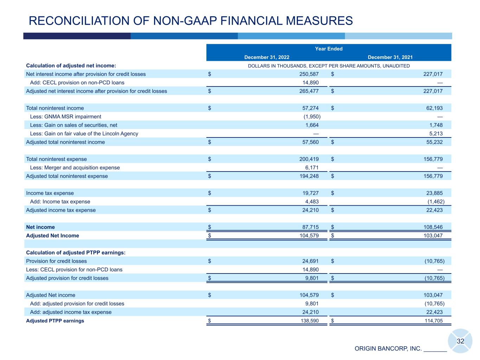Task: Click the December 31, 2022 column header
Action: click(267, 57)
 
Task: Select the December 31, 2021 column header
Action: click(390, 57)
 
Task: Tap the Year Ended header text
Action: click(328, 49)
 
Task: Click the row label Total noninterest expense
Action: click(56, 159)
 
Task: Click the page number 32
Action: click(460, 341)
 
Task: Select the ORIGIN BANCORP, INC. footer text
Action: click(388, 349)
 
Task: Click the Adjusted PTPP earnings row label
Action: click(55, 321)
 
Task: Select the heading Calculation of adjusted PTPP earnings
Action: click(76, 252)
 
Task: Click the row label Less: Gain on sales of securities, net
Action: click(73, 125)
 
